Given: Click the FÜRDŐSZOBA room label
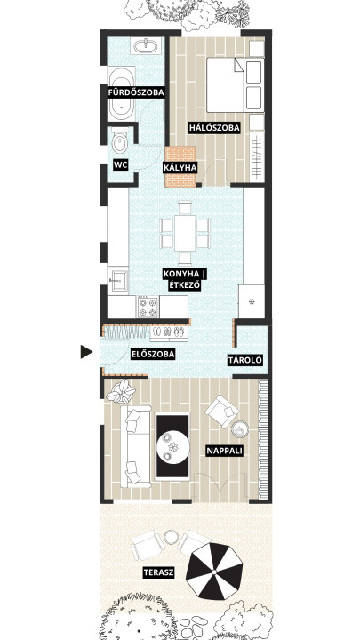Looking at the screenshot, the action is click(x=136, y=92).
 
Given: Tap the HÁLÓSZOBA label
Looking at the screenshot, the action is click(x=214, y=128).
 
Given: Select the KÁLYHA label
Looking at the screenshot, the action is click(x=180, y=167).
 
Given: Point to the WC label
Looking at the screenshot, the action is click(x=121, y=165).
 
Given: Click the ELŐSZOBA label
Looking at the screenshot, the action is click(x=153, y=355).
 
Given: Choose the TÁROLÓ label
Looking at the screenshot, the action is click(x=245, y=360).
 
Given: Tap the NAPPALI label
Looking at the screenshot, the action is click(x=225, y=451).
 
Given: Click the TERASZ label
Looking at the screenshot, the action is click(x=159, y=572).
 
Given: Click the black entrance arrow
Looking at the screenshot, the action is click(x=85, y=352).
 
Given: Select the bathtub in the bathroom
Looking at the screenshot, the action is click(x=121, y=93).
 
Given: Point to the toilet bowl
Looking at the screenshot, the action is click(x=120, y=141).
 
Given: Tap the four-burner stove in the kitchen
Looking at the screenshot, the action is click(x=148, y=307).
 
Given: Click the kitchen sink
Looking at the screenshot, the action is click(x=118, y=279).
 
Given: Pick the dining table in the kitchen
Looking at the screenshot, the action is click(x=185, y=233).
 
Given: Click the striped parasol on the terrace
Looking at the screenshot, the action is click(x=214, y=572).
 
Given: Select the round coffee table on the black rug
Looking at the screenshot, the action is click(x=173, y=446).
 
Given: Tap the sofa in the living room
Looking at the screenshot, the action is click(x=135, y=446).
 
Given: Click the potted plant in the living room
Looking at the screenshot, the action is click(x=121, y=391).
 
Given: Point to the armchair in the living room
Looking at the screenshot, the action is click(x=222, y=411).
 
